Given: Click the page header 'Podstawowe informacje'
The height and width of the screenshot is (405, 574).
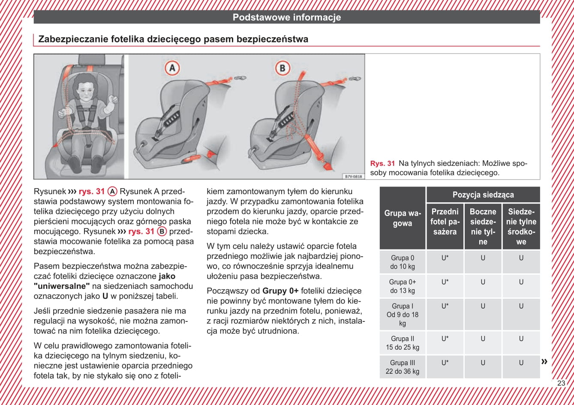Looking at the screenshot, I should coord(287,18).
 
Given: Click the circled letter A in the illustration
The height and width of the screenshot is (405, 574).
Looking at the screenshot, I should coord(172,68).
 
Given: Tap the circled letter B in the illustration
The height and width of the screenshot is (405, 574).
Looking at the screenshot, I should coord(282,68).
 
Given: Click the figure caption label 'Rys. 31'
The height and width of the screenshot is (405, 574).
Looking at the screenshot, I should coord(382,163).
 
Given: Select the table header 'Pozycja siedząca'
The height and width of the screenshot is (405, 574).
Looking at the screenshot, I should coord(483,195).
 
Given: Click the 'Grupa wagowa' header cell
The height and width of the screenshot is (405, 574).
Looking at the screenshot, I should coord(403,218).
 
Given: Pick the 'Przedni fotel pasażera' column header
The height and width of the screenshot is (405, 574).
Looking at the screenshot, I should coord(445,222).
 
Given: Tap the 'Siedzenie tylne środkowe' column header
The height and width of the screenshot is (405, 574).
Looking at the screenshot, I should coord(521,226).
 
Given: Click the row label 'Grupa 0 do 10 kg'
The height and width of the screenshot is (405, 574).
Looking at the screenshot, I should coord(403,262).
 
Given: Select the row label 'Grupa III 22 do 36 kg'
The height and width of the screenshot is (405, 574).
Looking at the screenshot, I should coord(403,367).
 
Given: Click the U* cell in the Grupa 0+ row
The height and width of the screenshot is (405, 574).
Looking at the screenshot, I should coord(445,282).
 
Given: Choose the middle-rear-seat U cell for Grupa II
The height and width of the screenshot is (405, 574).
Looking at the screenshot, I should coord(521,339).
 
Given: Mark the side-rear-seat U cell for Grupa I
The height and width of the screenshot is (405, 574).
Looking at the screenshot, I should coord(483,306).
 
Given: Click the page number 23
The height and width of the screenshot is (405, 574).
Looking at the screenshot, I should coord(561,383).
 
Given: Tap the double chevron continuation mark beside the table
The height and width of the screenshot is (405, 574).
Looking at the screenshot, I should coord(544,361).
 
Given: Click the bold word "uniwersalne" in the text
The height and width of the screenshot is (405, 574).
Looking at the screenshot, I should coord(62,286).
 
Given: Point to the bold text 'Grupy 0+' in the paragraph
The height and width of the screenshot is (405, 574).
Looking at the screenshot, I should coord(280,291).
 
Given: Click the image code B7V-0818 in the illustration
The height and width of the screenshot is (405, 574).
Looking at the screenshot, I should coord(354,176).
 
